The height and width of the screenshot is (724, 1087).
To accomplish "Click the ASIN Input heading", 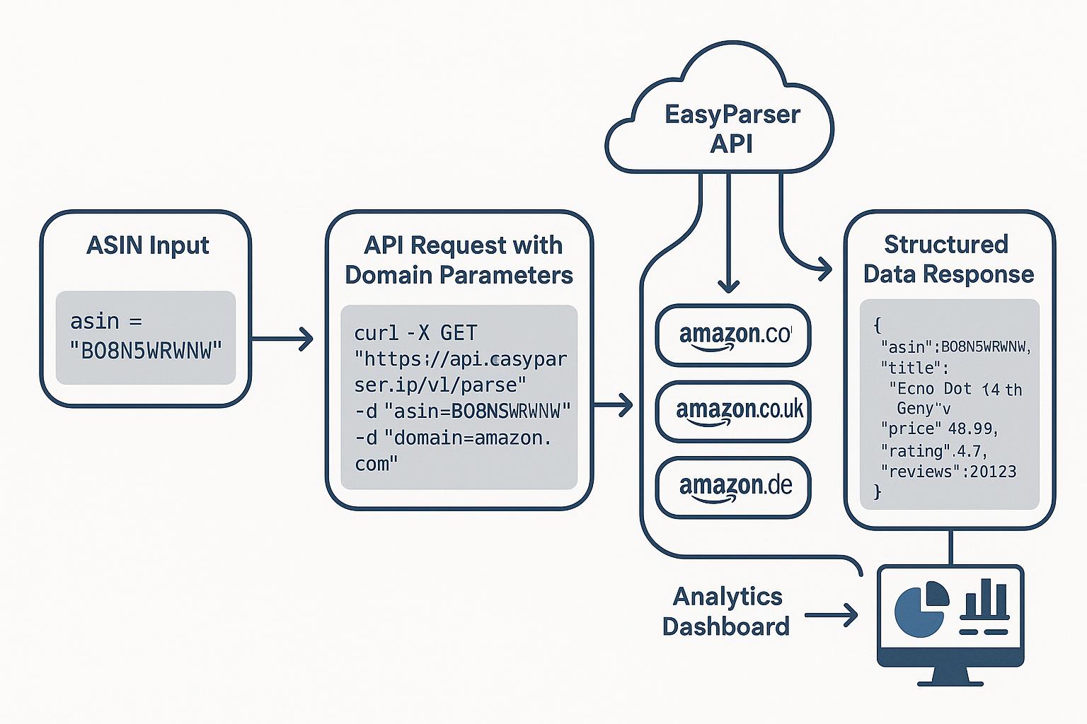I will point(147,245).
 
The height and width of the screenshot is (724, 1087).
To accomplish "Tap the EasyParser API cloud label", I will point(732,129).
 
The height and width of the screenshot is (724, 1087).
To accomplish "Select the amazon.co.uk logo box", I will point(733,411).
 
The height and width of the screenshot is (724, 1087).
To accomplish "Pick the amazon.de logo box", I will point(733,487).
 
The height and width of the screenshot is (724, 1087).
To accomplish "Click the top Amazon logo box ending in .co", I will point(733,334).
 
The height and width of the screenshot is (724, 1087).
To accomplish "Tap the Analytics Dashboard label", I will point(726,611).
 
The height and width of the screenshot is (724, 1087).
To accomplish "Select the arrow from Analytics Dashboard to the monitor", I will point(832,615).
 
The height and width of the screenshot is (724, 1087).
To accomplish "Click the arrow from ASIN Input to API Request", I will point(283,339).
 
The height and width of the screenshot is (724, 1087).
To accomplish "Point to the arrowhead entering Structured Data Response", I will point(824,268).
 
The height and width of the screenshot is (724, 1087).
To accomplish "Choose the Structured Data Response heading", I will point(948,259).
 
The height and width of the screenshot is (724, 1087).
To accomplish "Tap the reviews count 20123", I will point(993,472).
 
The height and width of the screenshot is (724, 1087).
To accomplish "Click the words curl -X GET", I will point(415,332).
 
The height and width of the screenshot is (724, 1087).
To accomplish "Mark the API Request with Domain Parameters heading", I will point(459,259).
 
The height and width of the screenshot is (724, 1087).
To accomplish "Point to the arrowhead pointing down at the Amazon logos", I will point(728,286).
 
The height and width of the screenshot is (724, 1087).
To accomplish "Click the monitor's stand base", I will point(950,682).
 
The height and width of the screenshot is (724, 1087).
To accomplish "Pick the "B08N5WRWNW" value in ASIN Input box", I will point(146,350).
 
